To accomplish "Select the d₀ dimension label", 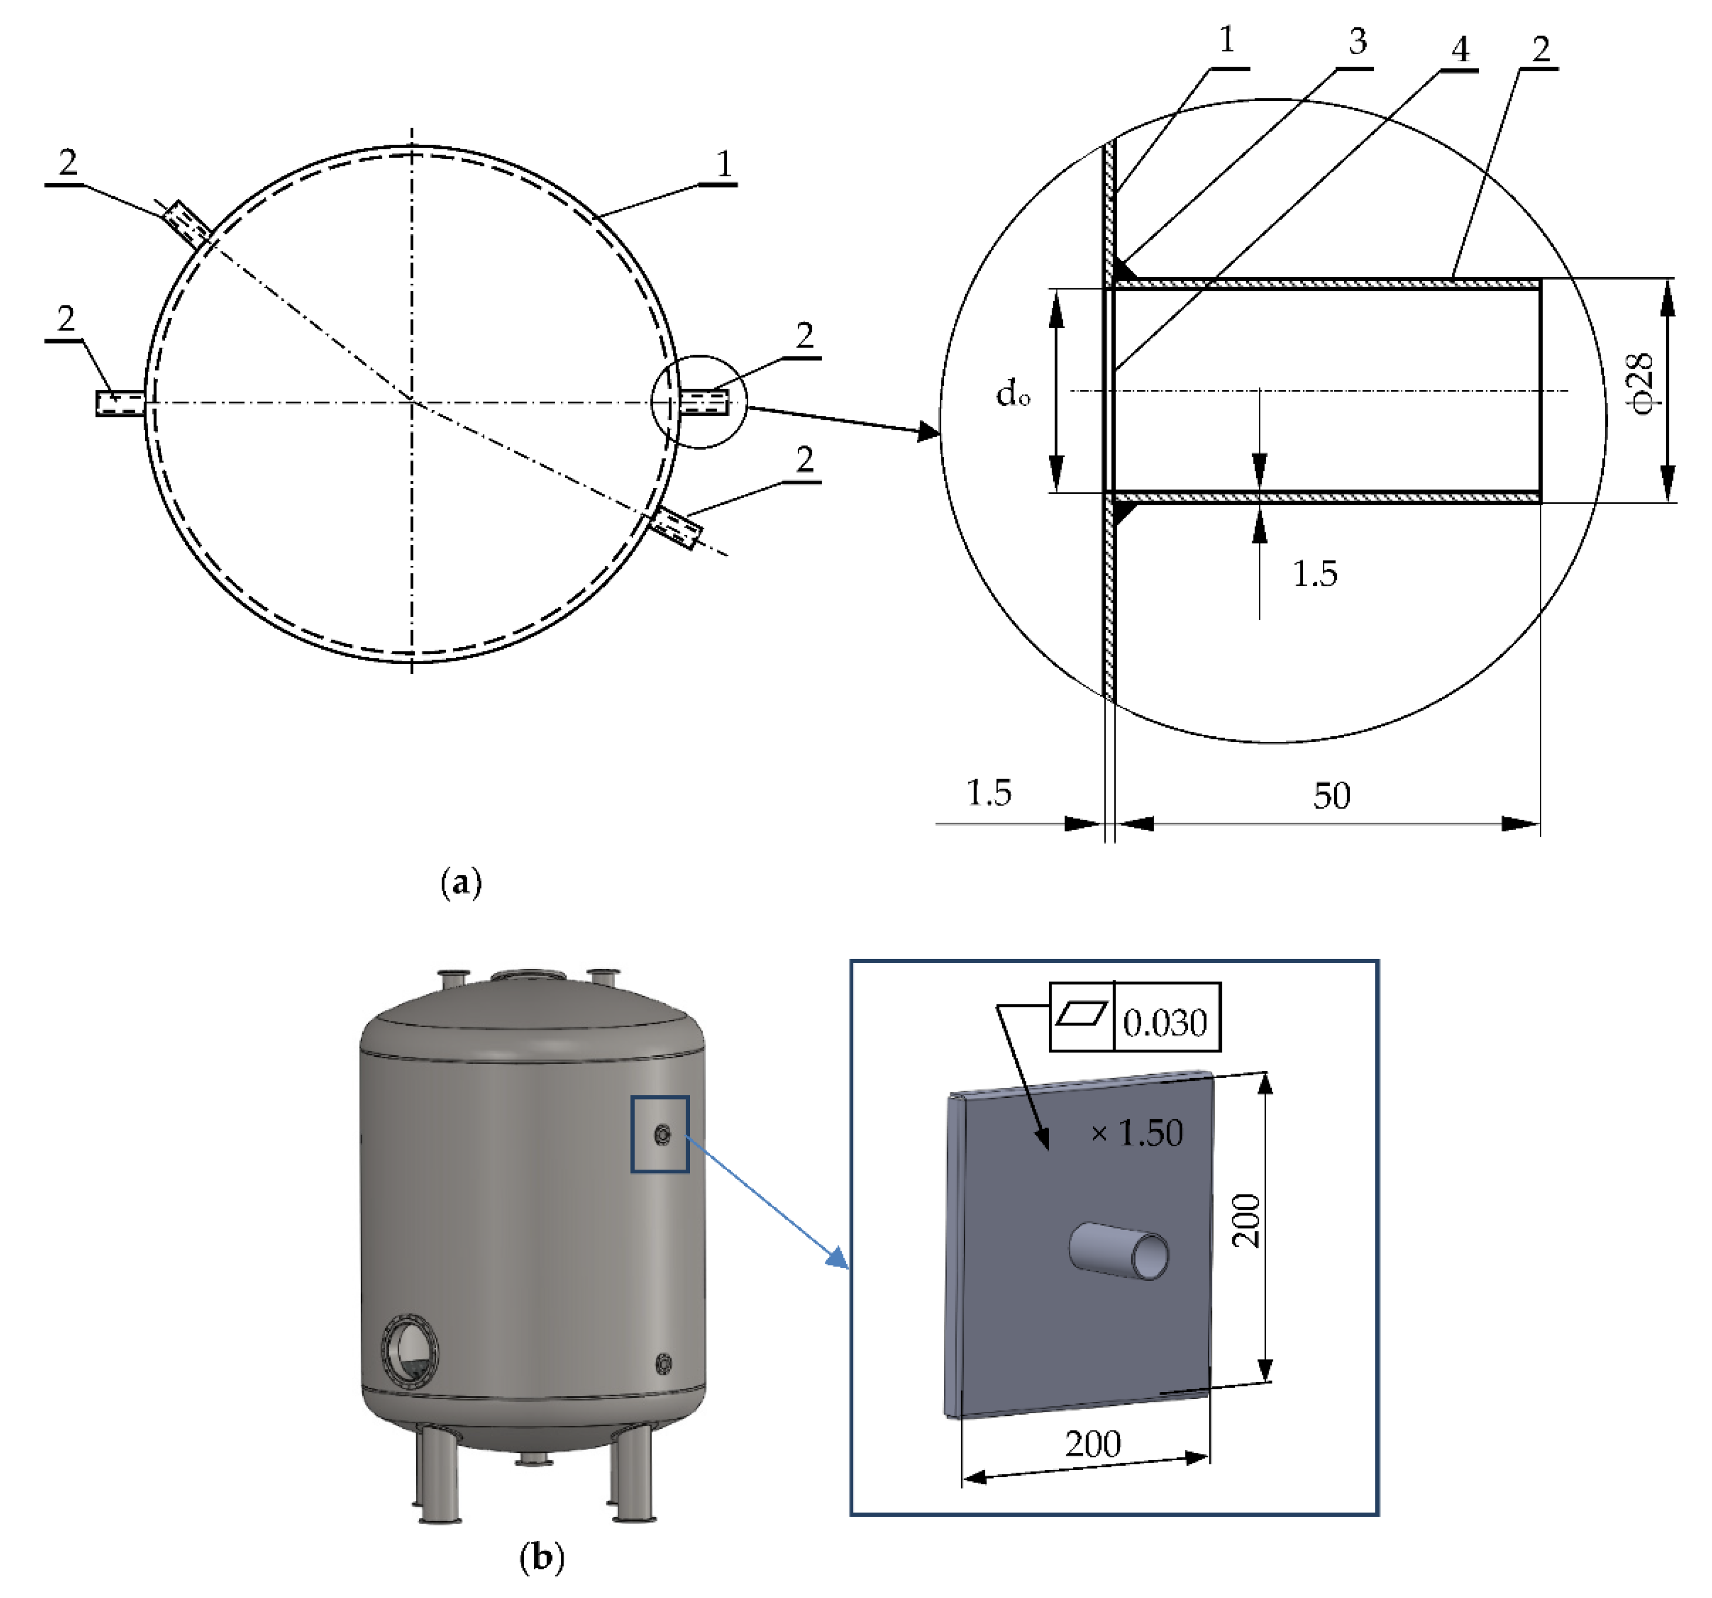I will point(1013,394).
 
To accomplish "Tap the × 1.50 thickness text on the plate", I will point(1137,1133).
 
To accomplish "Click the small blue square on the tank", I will point(660,1134).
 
